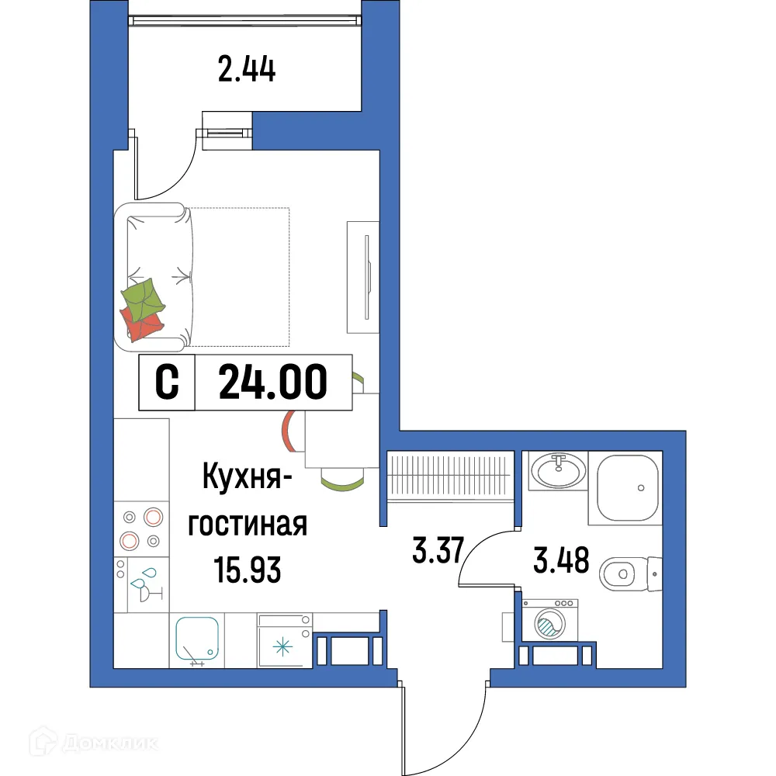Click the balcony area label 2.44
click(247, 71)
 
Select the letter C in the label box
click(167, 383)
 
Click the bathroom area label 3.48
click(561, 559)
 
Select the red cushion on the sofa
click(141, 324)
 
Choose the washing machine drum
click(552, 625)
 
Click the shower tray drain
click(641, 487)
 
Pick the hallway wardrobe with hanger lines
click(450, 475)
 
